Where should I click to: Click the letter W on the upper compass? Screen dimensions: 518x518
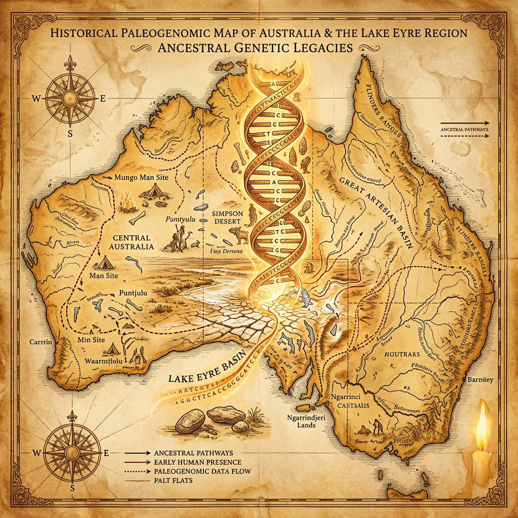36,98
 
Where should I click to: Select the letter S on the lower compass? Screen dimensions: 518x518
72,488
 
